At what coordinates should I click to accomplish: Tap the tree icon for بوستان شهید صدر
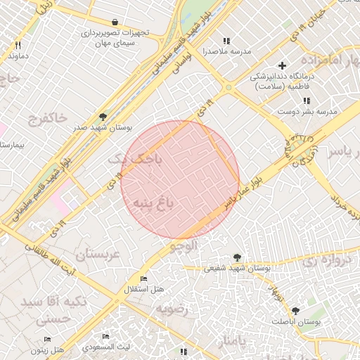[x=104, y=117]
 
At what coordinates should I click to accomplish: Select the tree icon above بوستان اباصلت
[x=295, y=310]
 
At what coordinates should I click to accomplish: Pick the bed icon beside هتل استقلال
[x=144, y=279]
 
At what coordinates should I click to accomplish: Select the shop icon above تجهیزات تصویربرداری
[x=115, y=21]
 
